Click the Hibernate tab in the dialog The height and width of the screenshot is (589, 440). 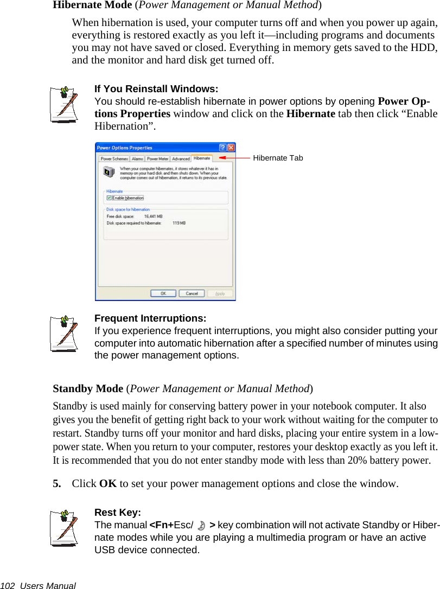coord(202,158)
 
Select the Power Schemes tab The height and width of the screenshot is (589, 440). coord(114,159)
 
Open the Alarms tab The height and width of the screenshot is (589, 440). coord(137,159)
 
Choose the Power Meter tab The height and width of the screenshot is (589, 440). coord(157,159)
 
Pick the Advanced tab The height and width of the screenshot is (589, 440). coord(181,159)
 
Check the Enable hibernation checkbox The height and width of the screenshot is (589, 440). coord(109,198)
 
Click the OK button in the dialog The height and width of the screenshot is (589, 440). coord(163,293)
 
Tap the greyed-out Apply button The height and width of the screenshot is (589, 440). coord(220,293)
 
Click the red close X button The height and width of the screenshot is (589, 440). coord(231,148)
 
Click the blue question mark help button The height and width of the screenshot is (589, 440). coord(223,148)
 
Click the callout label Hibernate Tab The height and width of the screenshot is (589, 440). coord(278,158)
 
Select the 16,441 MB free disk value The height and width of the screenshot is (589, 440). coord(153,216)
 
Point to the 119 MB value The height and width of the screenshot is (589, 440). coord(179,223)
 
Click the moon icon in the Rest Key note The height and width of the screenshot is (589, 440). coord(202,526)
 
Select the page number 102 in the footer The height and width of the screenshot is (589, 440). coord(7,585)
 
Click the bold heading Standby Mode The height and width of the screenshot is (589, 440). coord(88,389)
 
